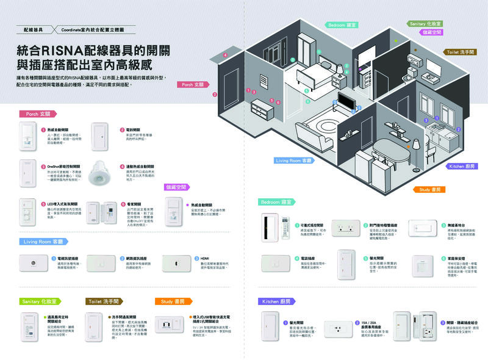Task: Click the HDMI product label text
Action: [204, 258]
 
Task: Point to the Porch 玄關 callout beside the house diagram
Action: [194, 85]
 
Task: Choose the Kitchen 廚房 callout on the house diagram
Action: [461, 166]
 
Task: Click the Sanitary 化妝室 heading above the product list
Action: [40, 301]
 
